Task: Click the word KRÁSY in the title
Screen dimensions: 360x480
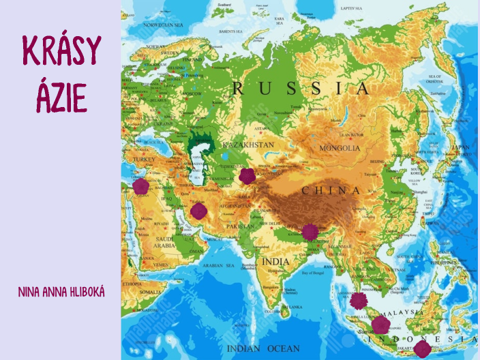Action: click(61, 51)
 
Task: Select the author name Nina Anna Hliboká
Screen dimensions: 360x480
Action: click(61, 292)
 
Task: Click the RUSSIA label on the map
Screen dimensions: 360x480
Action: click(300, 89)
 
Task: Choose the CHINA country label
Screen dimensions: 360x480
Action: click(331, 191)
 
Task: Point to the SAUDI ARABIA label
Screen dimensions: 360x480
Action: click(164, 241)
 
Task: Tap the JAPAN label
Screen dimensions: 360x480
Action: click(462, 147)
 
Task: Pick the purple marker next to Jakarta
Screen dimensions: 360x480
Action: click(422, 350)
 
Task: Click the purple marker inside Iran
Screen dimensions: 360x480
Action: click(198, 211)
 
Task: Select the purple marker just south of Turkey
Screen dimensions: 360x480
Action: click(140, 187)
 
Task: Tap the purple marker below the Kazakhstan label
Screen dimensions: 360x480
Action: click(247, 177)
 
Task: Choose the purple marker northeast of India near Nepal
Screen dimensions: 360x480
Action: click(310, 232)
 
